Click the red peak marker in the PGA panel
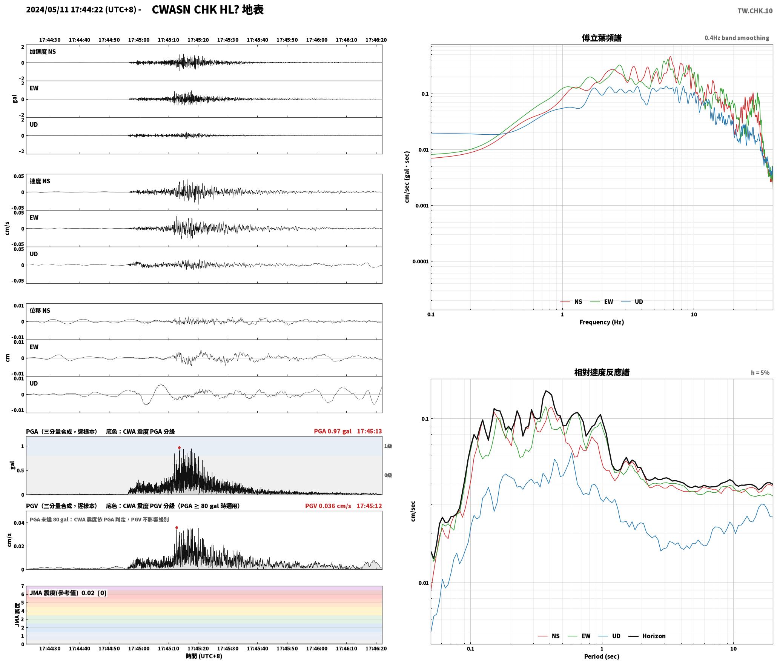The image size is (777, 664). tap(179, 448)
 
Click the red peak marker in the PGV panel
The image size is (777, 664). tap(177, 528)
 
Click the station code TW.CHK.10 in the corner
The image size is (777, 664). tap(755, 11)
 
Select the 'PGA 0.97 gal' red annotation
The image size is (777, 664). tap(333, 431)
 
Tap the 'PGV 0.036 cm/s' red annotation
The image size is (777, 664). tap(328, 506)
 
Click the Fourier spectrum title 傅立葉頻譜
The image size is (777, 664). tap(602, 38)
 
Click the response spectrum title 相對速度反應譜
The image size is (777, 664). tap(602, 372)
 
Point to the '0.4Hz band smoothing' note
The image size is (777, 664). tap(737, 38)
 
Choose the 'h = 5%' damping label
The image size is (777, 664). tap(760, 373)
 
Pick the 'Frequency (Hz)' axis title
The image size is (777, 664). tap(602, 322)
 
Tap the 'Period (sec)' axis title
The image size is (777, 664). tap(602, 656)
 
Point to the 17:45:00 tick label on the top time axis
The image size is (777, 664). tap(139, 40)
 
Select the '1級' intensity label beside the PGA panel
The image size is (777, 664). tap(388, 446)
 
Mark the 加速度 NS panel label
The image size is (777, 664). tap(43, 52)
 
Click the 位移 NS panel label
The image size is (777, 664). tap(40, 310)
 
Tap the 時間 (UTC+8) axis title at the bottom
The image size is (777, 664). tap(204, 656)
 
